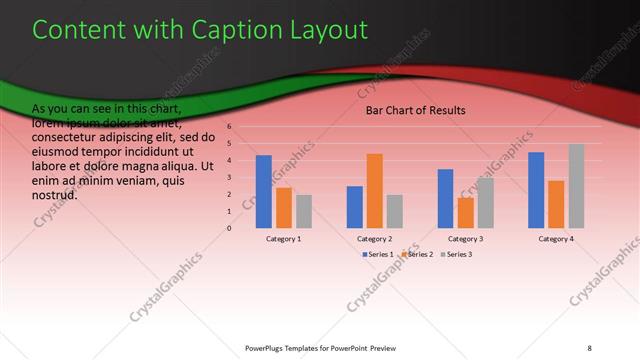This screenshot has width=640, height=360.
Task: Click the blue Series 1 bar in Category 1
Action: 263,191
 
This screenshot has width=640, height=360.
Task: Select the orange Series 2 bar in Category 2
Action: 374,190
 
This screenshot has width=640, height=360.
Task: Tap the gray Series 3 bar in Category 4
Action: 576,186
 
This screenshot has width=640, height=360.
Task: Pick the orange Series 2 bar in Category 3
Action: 465,212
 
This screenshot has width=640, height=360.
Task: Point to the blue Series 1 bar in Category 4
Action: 536,190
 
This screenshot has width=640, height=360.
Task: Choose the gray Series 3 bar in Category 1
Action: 304,211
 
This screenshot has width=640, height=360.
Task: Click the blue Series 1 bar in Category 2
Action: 354,206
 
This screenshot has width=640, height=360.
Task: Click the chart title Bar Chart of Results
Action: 415,110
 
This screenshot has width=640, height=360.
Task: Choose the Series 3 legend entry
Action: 457,255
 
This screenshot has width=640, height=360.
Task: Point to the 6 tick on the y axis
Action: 229,127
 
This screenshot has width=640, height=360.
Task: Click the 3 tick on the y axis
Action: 229,177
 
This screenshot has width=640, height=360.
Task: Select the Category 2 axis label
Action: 374,239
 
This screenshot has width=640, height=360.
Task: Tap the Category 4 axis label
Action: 556,239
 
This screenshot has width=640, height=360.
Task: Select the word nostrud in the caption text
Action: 55,195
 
